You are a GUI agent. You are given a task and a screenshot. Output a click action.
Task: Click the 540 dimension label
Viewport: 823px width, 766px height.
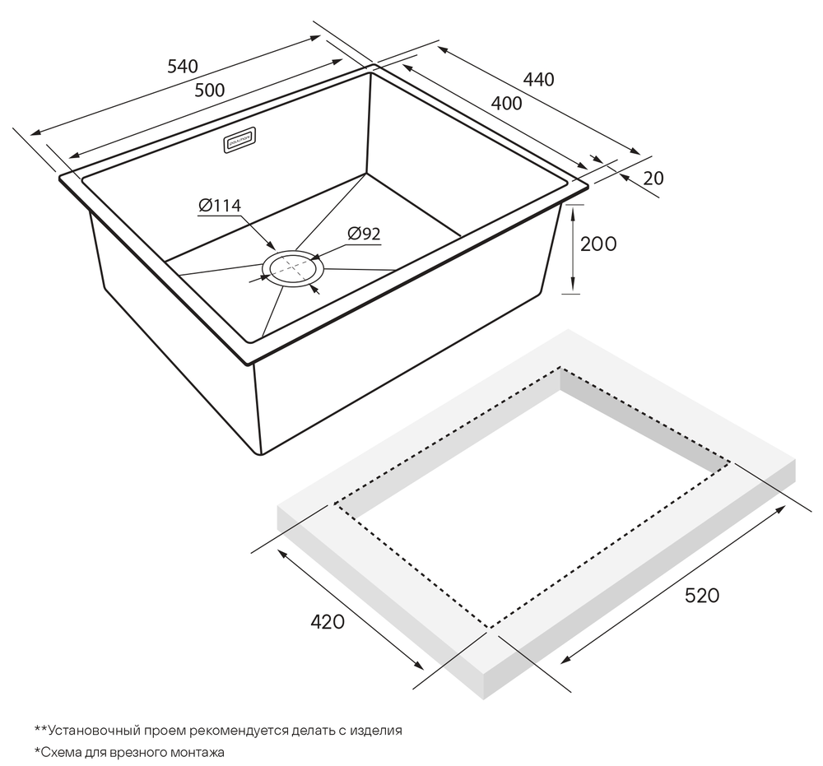(x=183, y=66)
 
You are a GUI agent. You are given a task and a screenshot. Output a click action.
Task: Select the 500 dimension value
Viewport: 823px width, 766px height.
(x=209, y=91)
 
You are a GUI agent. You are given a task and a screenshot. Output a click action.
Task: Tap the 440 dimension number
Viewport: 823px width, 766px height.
(x=538, y=79)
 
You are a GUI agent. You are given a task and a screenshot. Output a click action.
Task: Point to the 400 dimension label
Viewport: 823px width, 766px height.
(x=506, y=104)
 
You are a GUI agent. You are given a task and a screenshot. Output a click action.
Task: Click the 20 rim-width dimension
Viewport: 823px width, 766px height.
(x=653, y=179)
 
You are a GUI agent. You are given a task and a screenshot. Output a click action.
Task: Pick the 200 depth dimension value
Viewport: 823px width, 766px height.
(x=598, y=244)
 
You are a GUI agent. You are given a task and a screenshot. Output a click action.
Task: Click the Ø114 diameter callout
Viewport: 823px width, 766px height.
(x=220, y=205)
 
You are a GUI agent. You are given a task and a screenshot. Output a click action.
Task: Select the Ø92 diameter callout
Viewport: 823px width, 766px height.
(x=364, y=234)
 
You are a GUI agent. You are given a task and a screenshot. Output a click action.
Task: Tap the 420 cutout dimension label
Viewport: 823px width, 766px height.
(x=328, y=622)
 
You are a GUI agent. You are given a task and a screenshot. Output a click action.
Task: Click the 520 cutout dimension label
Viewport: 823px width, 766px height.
(x=702, y=596)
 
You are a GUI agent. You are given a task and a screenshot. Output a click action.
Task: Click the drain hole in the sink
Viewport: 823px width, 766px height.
(x=294, y=268)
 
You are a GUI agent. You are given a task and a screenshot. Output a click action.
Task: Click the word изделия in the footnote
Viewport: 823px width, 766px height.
(x=376, y=730)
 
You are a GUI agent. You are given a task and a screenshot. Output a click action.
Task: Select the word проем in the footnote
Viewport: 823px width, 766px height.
(x=167, y=730)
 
